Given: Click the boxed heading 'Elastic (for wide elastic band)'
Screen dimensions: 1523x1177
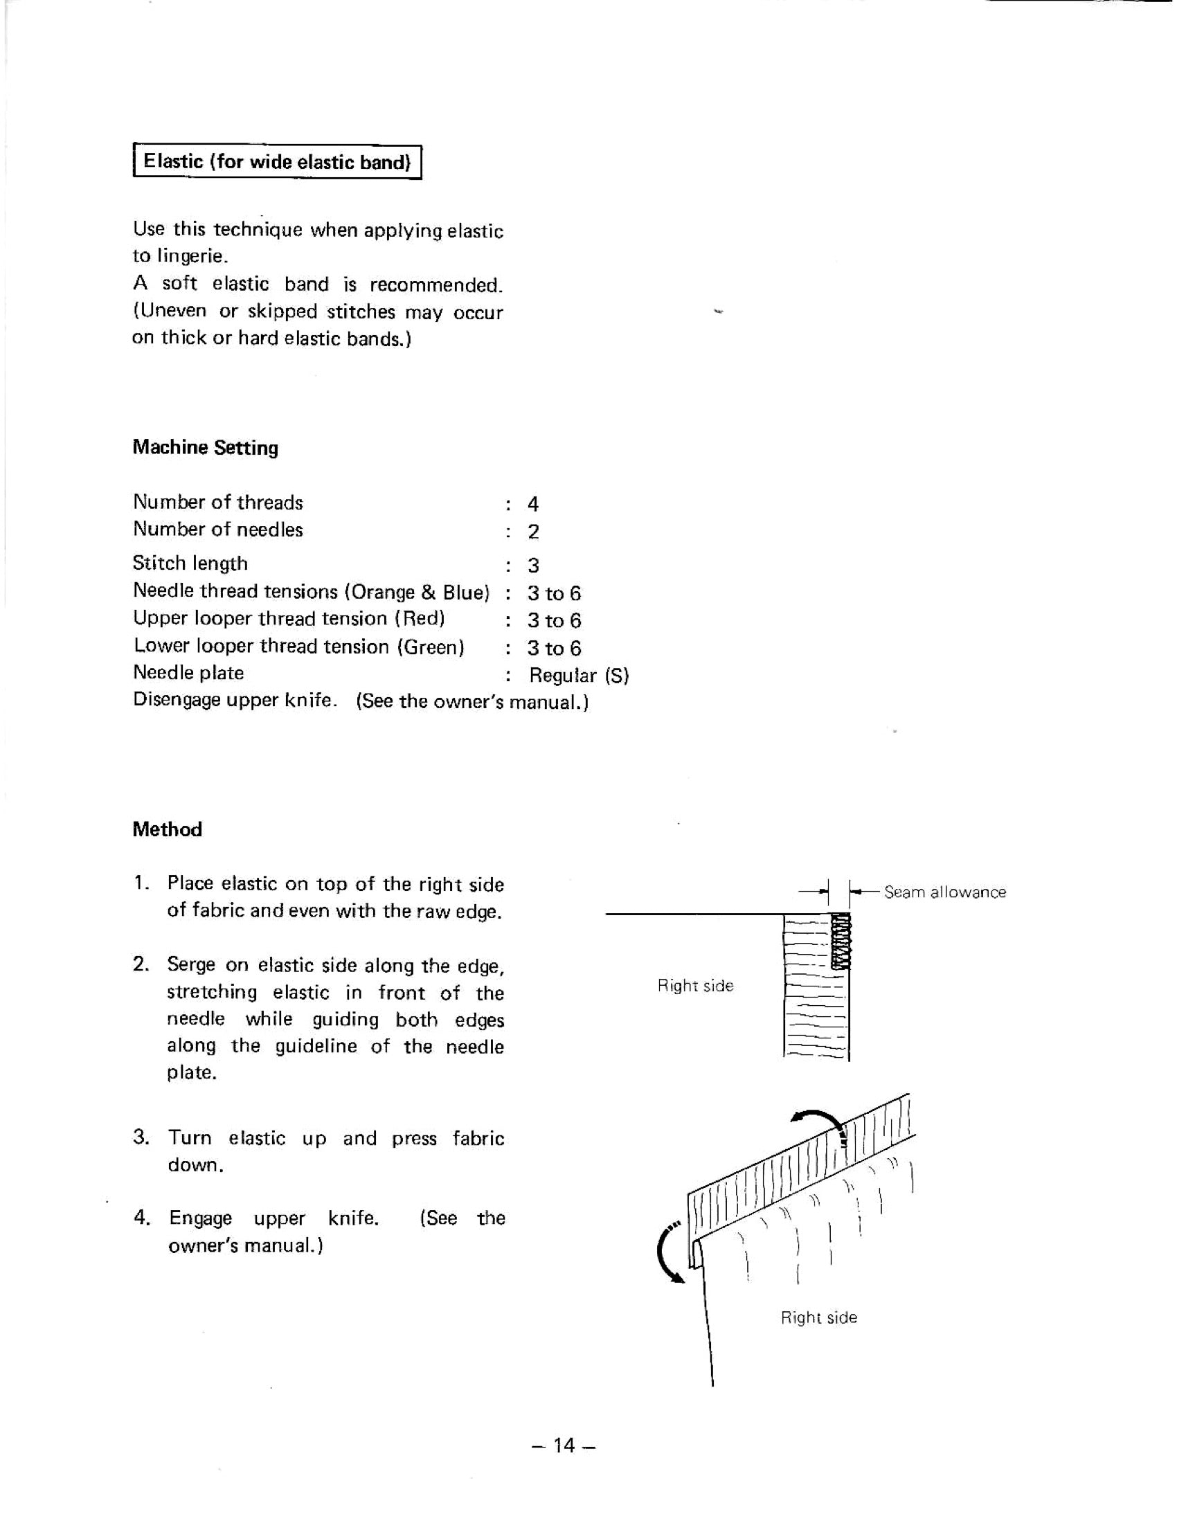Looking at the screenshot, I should click(x=277, y=162).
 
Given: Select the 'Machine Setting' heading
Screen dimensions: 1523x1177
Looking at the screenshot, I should click(x=205, y=448).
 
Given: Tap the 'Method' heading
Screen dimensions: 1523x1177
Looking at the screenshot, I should click(x=168, y=829).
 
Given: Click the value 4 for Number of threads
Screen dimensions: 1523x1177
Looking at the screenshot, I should click(x=532, y=503).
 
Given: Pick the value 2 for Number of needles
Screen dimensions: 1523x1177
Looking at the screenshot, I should click(x=532, y=532).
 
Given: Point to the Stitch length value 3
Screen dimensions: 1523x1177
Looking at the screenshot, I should click(x=532, y=565).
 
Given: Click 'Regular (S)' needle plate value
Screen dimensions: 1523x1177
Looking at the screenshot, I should click(x=579, y=675).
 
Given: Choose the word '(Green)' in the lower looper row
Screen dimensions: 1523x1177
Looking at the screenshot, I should click(x=431, y=647).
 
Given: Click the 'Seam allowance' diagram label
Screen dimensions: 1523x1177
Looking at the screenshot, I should click(x=945, y=892).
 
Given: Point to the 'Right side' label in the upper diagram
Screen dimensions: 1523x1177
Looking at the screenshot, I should click(x=695, y=985).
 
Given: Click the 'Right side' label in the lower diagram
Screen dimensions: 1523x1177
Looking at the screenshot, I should click(x=818, y=1317).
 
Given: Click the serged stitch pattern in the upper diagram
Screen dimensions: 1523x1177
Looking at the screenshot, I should click(x=841, y=942).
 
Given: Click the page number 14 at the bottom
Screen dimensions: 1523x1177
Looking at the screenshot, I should click(x=564, y=1445).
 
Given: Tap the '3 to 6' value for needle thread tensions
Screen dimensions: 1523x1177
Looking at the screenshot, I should click(x=554, y=593).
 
